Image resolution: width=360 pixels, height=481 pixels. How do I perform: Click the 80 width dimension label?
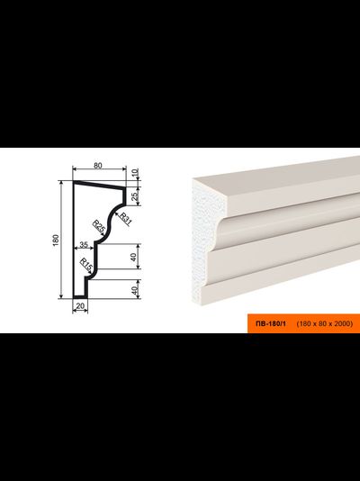pos(97,166)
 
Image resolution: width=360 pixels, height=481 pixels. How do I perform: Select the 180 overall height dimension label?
pos(56,240)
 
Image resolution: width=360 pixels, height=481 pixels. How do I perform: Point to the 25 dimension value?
pos(135,196)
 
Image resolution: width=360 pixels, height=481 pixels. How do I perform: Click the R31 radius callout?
pos(126,218)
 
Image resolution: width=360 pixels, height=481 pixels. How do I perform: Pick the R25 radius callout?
pos(99,227)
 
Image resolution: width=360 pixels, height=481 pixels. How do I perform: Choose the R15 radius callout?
pos(85,265)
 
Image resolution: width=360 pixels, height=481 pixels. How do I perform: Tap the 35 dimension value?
pos(84,244)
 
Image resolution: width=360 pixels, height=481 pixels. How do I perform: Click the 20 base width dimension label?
pos(80,306)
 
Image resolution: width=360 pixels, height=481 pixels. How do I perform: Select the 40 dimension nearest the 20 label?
pos(135,290)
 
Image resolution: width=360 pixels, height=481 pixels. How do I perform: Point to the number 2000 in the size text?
pos(344,323)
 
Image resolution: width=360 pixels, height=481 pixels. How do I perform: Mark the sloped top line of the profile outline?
pos(100,185)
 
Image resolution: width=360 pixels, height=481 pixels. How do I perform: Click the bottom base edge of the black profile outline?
pos(80,297)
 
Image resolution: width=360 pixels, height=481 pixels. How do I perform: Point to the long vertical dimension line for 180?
pos(61,240)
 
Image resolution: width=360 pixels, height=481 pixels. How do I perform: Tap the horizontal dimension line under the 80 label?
pos(99,168)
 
